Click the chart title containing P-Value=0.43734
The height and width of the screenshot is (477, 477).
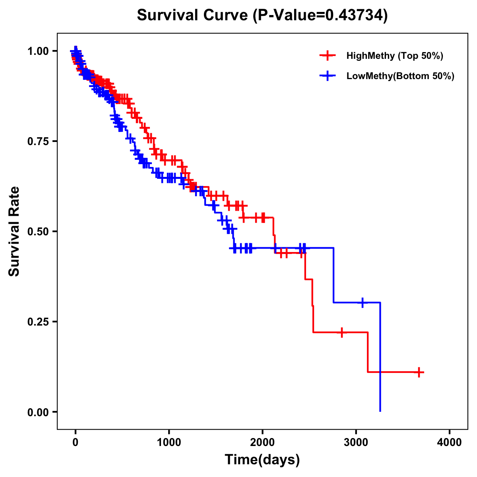coord(262,16)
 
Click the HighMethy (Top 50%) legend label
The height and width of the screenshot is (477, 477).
coord(395,56)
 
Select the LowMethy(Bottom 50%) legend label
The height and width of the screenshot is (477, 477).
coord(400,76)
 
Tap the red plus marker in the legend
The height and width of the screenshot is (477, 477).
coord(328,56)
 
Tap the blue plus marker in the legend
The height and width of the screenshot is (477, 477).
coord(328,76)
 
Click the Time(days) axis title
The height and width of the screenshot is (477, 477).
coord(262,460)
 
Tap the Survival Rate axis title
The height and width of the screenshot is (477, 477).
coord(14,231)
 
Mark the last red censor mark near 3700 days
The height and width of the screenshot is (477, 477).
coord(419,372)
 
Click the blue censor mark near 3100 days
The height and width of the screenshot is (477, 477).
coord(363,302)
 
